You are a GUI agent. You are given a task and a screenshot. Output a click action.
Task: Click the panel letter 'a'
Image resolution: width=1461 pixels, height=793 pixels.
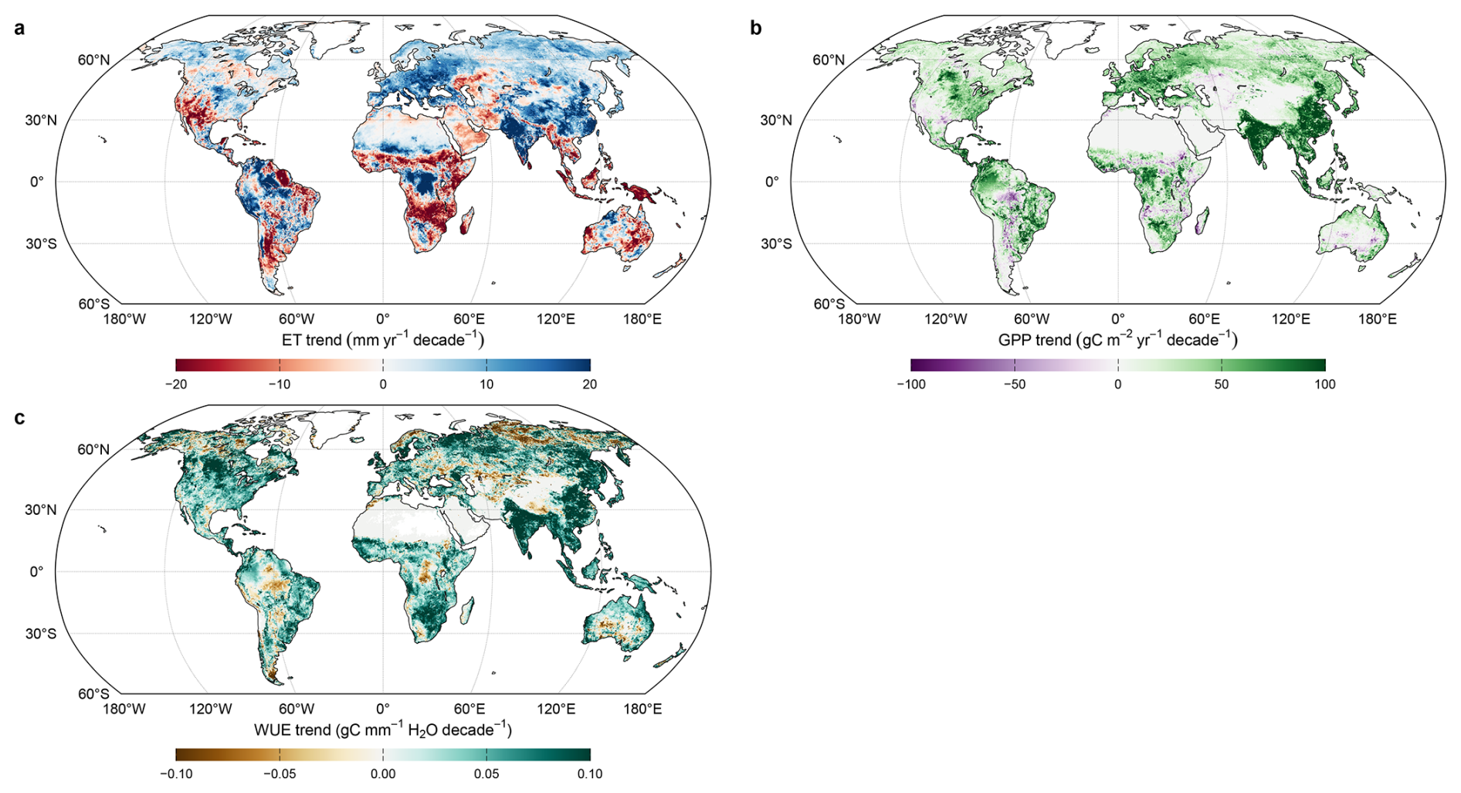(x=19, y=29)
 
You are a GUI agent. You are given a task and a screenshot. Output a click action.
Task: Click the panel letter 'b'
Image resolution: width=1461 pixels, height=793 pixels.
(x=756, y=28)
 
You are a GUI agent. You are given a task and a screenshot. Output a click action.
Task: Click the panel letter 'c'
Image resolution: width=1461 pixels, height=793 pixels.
(x=19, y=418)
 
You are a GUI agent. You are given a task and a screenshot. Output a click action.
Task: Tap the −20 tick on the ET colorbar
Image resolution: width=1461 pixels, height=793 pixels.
(x=176, y=384)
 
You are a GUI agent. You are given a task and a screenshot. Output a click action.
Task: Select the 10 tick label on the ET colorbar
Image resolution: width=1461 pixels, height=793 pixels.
(x=486, y=384)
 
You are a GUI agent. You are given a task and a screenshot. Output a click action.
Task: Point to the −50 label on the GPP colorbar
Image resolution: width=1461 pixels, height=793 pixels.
(x=1015, y=384)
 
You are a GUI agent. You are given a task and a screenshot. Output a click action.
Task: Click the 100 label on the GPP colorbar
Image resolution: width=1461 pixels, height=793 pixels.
(x=1325, y=384)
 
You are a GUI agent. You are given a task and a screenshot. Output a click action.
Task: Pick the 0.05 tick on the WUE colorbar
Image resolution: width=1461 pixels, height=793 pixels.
(x=486, y=774)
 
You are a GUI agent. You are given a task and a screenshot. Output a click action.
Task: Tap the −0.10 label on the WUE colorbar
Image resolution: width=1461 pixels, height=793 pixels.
(x=176, y=774)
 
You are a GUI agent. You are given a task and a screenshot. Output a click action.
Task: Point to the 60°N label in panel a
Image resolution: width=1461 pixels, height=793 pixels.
(x=93, y=60)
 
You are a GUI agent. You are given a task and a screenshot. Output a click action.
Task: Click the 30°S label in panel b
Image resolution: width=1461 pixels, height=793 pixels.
(x=776, y=244)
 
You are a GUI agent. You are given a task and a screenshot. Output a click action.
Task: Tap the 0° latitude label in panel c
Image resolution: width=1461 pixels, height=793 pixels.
(x=37, y=572)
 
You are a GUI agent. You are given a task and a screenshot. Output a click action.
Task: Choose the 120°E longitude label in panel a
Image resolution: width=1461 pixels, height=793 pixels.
(x=556, y=319)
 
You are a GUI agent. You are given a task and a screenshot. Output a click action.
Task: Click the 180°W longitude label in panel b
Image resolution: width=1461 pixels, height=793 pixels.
(x=859, y=319)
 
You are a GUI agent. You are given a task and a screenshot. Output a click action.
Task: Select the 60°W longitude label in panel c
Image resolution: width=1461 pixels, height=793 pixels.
(x=297, y=709)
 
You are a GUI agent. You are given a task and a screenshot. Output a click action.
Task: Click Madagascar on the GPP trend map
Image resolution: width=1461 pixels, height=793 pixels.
(x=1200, y=225)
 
